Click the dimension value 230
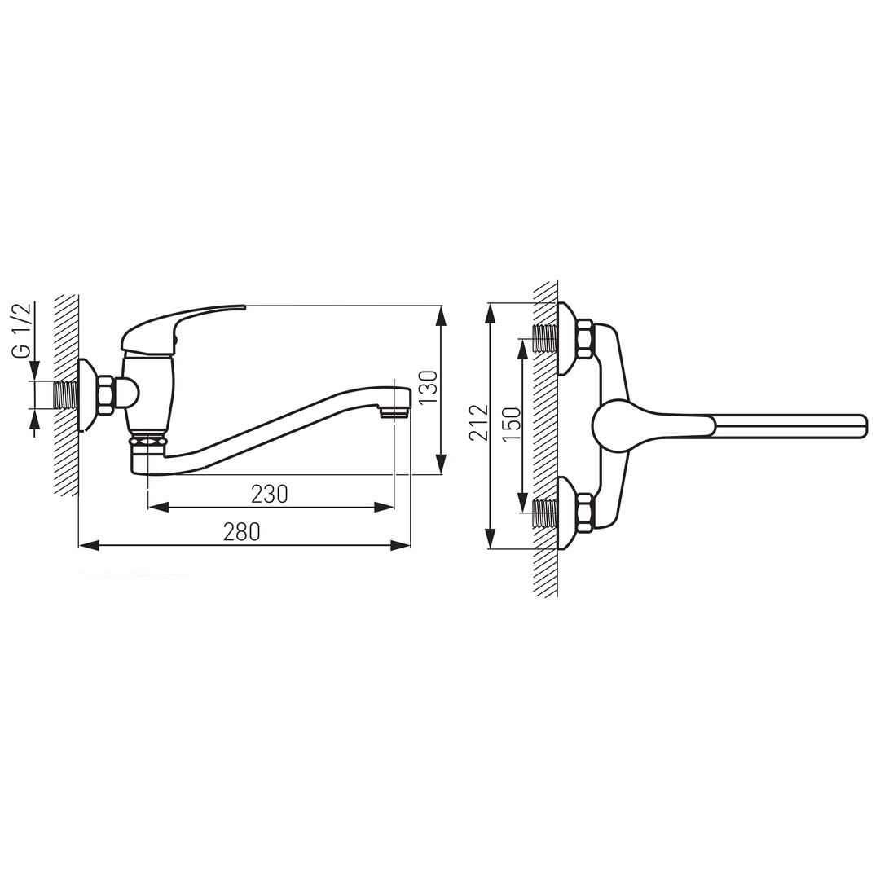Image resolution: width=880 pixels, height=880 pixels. point(270,494)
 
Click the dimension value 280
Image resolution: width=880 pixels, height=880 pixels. point(242,531)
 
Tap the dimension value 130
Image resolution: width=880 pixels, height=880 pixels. point(429,387)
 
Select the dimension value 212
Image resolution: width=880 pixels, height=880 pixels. point(479,422)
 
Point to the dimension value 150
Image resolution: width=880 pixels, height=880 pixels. point(511,425)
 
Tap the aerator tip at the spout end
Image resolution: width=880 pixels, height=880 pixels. point(395,414)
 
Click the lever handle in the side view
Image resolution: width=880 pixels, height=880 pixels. point(183,329)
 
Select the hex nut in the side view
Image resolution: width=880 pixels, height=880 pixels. point(106,396)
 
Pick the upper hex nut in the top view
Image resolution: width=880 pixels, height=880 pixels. point(585,339)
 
